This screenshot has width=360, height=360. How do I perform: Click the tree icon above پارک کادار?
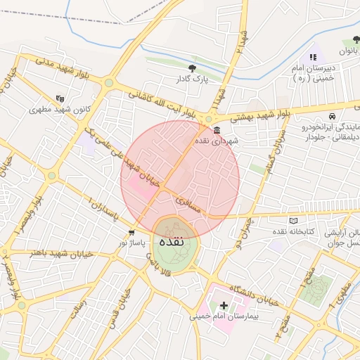[x=193, y=68]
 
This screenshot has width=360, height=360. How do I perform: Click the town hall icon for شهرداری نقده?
[x=215, y=131]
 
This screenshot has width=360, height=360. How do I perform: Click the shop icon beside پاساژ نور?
[x=131, y=233]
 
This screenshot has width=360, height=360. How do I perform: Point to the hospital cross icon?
[x=224, y=305]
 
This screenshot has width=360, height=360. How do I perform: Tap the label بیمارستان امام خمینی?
[x=224, y=316]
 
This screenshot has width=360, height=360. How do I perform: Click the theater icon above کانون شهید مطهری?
[x=60, y=99]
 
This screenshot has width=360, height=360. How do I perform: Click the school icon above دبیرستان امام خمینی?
[x=313, y=57]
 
